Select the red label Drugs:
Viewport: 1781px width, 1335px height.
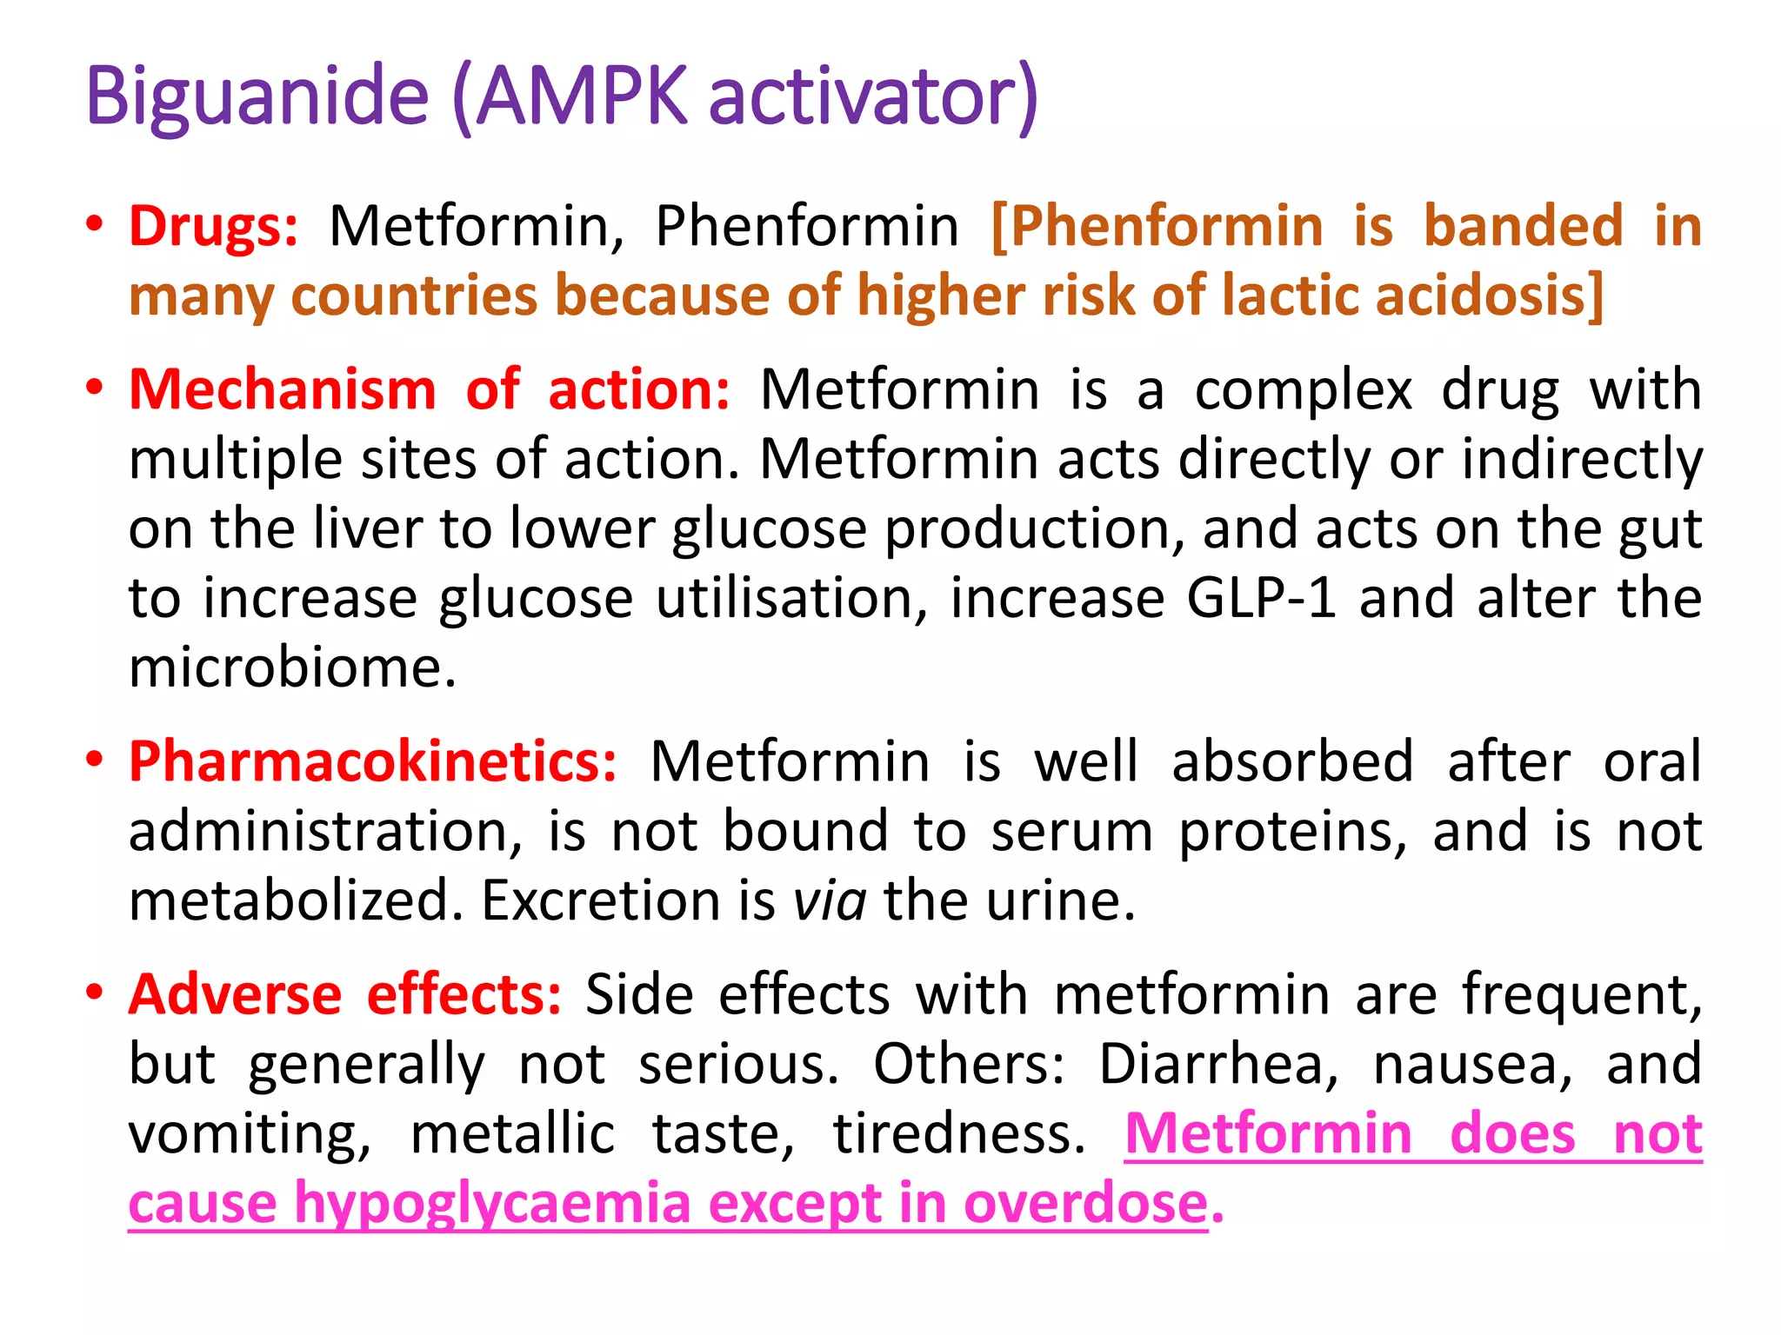click(x=214, y=227)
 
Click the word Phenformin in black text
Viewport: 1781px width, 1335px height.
click(x=807, y=227)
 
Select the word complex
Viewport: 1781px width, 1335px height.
click(x=1304, y=391)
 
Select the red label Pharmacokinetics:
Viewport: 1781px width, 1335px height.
click(x=373, y=762)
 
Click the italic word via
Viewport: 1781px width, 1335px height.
click(x=830, y=900)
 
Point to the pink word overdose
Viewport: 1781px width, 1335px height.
click(x=1086, y=1205)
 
